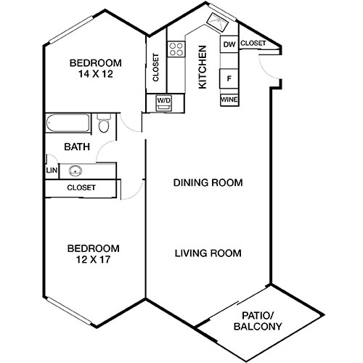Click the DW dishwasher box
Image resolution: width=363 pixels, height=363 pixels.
229,45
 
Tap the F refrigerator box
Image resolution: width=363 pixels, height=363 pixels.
229,78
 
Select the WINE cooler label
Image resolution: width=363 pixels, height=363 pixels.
229,99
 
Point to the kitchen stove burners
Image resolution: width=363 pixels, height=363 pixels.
176,49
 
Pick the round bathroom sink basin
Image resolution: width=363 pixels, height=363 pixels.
75,172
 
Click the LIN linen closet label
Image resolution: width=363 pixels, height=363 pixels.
51,171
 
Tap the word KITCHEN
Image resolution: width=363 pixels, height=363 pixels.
203,68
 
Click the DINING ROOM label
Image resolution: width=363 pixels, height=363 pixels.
208,182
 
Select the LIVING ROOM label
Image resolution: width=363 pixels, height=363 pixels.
208,253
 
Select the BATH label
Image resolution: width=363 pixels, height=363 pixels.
77,147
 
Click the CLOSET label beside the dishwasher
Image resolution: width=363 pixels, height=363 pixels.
253,44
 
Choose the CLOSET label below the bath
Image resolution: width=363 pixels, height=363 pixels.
81,188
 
